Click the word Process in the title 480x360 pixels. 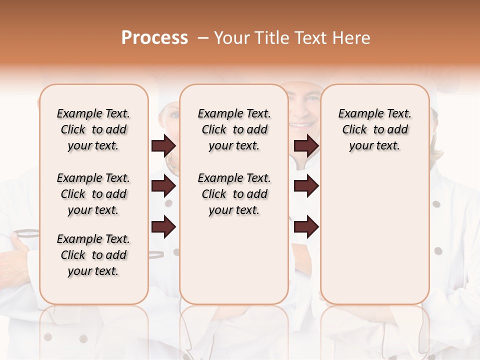point(154,38)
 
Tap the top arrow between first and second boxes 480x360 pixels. point(163,145)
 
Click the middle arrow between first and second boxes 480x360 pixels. point(163,186)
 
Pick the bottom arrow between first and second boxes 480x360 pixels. point(163,227)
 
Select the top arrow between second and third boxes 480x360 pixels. point(306,145)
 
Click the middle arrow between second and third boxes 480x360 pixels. point(306,186)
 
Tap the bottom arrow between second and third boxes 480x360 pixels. point(306,227)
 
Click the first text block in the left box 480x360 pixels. point(93,129)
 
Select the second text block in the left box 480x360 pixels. point(93,194)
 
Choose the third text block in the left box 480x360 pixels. point(93,255)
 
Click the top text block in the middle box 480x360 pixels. point(234,129)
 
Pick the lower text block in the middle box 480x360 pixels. point(234,194)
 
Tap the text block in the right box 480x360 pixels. point(374,129)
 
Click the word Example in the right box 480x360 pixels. point(357,114)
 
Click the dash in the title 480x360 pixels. point(202,38)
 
